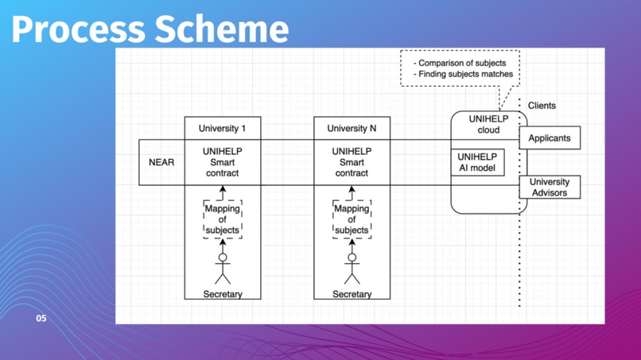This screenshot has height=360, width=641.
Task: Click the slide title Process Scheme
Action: [150, 29]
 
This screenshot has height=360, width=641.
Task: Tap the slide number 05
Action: [41, 318]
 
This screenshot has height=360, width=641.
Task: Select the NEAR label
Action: [161, 162]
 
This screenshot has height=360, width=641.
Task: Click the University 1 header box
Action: [222, 129]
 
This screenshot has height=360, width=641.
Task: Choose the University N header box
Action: [352, 129]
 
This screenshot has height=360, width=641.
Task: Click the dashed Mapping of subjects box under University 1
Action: [222, 219]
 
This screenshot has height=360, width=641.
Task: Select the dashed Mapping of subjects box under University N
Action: [352, 219]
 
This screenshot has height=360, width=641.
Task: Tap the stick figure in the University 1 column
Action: [223, 266]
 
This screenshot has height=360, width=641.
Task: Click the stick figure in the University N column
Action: [352, 266]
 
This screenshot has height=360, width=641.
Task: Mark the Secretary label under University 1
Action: [222, 294]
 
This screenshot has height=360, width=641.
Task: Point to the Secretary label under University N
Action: [352, 294]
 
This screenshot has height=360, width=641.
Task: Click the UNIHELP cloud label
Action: [488, 125]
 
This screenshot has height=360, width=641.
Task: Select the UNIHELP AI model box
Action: [477, 162]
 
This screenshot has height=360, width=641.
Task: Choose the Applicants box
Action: [550, 138]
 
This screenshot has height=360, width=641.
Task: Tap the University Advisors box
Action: [550, 187]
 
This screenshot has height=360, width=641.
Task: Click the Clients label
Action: [542, 106]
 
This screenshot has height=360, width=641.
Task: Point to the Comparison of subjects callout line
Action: [460, 62]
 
